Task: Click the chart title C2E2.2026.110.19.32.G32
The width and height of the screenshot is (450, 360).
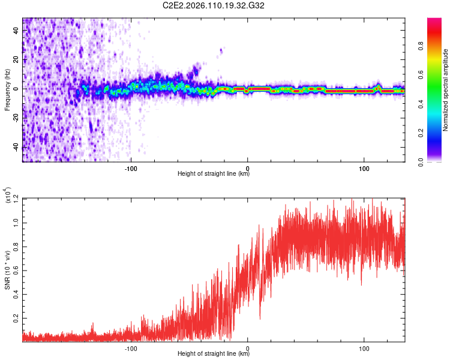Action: coord(214,5)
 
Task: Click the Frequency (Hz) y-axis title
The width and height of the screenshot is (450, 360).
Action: coord(7,90)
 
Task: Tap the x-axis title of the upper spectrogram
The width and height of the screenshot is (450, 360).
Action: coord(214,174)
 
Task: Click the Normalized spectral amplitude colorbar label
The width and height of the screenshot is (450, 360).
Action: coord(446,90)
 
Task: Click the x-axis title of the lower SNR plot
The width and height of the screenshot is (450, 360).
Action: coord(214,354)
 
